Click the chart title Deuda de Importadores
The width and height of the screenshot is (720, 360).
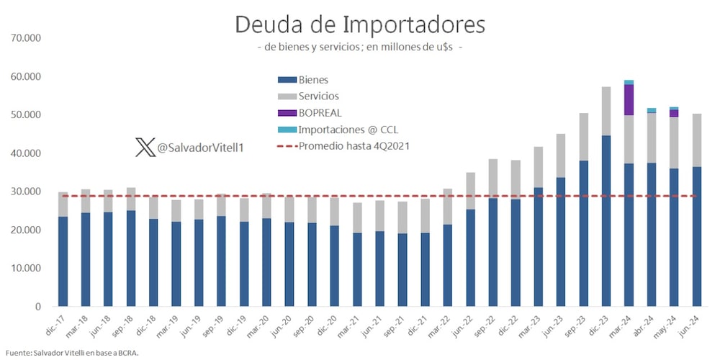(359, 24)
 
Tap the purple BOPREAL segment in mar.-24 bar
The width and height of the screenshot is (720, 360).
(629, 99)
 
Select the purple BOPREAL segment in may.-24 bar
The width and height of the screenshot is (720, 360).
(674, 113)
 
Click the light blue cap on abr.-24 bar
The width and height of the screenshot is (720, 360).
(651, 110)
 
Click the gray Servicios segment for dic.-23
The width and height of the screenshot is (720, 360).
(606, 111)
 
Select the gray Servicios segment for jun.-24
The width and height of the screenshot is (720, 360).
(696, 140)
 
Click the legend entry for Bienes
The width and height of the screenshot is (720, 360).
(303, 80)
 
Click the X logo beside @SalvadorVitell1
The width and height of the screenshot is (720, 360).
(144, 148)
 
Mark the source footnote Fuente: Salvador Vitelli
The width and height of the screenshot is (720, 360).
(72, 353)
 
